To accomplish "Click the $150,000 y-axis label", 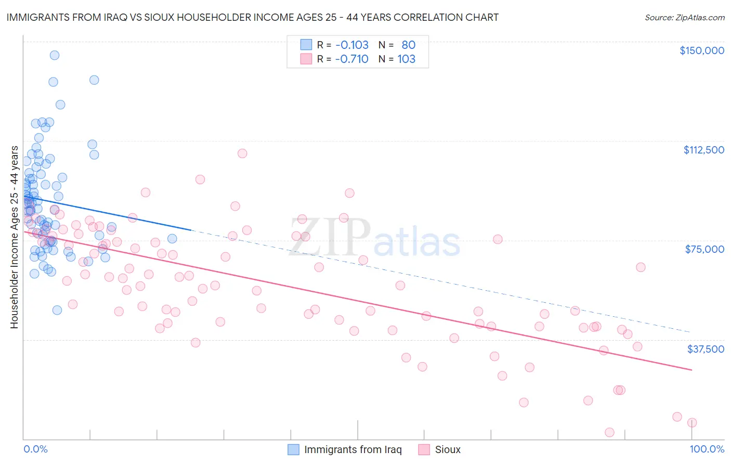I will [701, 50].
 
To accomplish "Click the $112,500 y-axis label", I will [703, 150].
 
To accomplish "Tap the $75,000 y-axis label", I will [704, 249].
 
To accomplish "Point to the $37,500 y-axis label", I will [706, 349].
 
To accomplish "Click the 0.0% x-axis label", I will [35, 449].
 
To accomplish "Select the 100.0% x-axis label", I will [707, 449].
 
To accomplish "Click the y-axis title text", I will [14, 237].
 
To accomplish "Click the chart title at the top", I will [252, 17].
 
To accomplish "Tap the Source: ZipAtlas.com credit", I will [684, 18].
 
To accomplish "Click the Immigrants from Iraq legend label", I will [353, 449].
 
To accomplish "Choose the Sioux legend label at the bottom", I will [448, 449].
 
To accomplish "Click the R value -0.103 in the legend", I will [351, 45].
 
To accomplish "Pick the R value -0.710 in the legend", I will [351, 59].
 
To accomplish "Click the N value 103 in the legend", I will [406, 59].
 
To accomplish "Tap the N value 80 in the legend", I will [408, 45].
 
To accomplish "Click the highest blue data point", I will [54, 55].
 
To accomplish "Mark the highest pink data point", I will [242, 153].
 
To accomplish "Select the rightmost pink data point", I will [692, 423].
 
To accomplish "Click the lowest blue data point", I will [57, 310].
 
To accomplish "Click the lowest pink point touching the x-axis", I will [610, 432].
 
